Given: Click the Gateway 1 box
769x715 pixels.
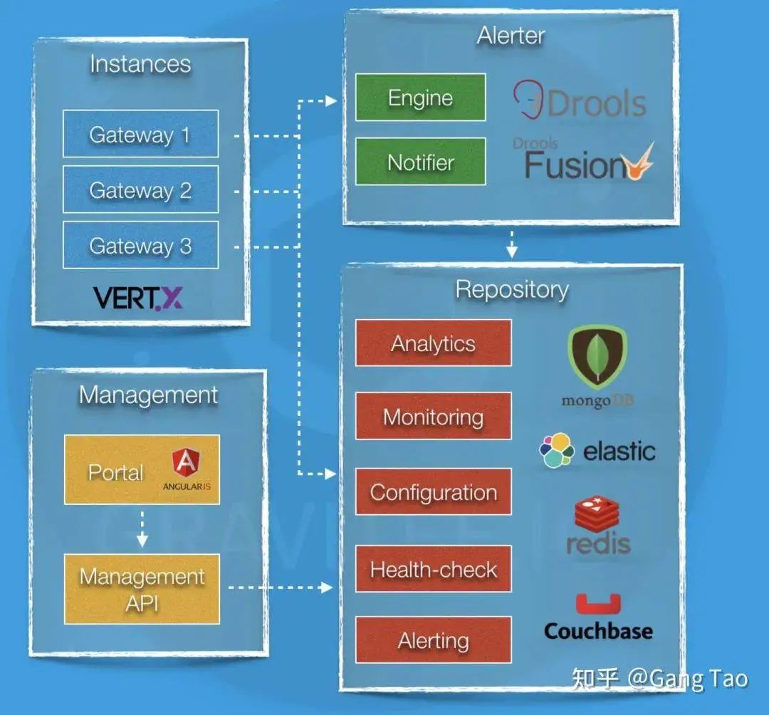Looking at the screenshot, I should (140, 134).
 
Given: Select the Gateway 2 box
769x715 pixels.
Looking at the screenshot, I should (140, 189).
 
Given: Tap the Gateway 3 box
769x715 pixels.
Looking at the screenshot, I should (140, 245).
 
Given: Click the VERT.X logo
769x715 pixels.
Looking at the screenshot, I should (138, 298).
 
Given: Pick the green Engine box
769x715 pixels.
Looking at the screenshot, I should (420, 98).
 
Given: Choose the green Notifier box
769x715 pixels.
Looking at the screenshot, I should (420, 162).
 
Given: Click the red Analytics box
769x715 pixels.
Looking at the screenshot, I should (433, 343).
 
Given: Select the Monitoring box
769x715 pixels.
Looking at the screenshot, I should (433, 417).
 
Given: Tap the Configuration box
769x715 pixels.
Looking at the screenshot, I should (433, 492).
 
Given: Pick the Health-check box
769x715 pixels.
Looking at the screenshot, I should (433, 569).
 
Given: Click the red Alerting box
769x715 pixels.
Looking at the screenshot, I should (433, 640).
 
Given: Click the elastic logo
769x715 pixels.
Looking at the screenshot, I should (597, 450).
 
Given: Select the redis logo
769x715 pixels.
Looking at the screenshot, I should (598, 527).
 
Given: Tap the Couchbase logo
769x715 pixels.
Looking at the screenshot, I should (598, 618).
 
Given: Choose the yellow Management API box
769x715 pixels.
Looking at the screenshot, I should (142, 590).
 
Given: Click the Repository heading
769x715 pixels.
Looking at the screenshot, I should (511, 289).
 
